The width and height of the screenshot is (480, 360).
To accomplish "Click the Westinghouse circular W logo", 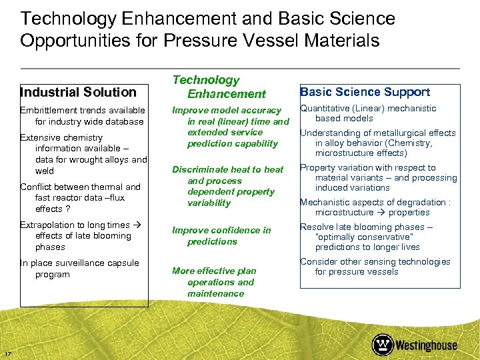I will (383, 345).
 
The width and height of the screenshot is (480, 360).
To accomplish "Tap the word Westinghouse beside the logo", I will (427, 345).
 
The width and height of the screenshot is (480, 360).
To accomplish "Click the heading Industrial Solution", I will (78, 92).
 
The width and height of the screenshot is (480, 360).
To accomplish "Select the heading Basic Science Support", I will (365, 92).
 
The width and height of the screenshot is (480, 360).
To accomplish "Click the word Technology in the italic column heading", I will (205, 80).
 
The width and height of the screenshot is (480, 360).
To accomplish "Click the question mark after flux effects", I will (68, 209).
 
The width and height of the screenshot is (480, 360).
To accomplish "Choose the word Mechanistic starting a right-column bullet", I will (327, 202).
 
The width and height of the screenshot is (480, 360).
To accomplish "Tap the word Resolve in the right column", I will (317, 227).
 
